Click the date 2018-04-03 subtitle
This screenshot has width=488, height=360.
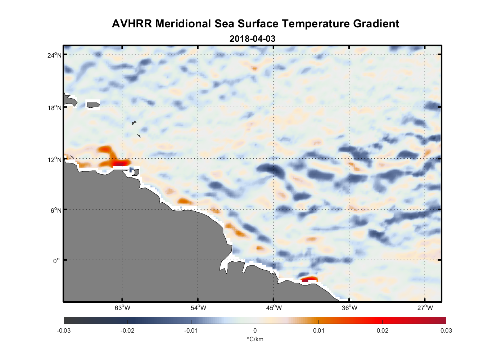tap(252, 39)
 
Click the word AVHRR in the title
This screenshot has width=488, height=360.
tap(132, 24)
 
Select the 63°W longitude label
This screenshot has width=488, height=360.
tap(122, 308)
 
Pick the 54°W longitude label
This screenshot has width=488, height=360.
tap(198, 308)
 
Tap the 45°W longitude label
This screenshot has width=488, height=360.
tap(274, 308)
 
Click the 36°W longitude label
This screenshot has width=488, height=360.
tap(349, 308)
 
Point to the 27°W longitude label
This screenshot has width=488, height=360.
tap(425, 308)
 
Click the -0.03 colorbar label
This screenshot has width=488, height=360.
tap(64, 330)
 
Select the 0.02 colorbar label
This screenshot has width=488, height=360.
tap(383, 330)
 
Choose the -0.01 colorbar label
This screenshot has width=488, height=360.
tap(191, 330)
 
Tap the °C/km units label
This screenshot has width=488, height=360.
tap(255, 339)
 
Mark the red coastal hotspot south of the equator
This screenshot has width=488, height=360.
tap(309, 279)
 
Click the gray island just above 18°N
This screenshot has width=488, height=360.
tap(93, 105)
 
